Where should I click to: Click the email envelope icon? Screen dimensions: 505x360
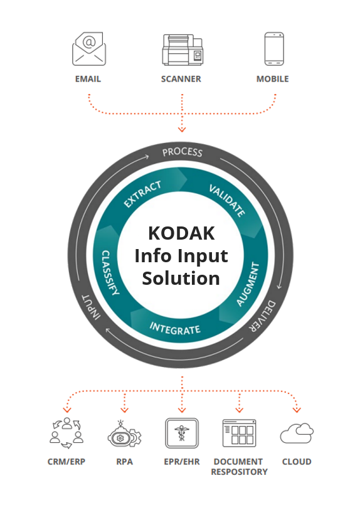[x=88, y=49]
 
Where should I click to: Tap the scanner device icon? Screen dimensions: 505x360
[x=182, y=50]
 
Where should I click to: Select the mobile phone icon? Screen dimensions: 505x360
[x=273, y=49]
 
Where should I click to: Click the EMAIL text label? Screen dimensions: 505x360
[x=88, y=79]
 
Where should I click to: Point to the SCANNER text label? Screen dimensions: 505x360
[x=182, y=79]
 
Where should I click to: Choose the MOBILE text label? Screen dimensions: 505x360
[x=273, y=79]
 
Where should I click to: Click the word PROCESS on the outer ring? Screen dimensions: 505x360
[x=182, y=152]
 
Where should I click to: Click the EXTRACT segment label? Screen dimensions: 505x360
[x=142, y=194]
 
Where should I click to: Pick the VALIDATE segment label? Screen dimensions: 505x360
[x=226, y=199]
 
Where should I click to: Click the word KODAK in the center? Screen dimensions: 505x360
[x=181, y=233]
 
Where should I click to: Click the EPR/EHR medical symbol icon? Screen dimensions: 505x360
[x=182, y=432]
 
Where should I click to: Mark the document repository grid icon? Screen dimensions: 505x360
[x=239, y=432]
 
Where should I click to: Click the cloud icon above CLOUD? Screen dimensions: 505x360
[x=297, y=433]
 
